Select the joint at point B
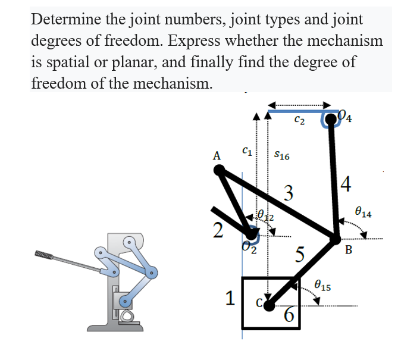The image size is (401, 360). click(x=337, y=238)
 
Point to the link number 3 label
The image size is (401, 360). click(x=289, y=193)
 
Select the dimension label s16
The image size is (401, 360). click(x=281, y=156)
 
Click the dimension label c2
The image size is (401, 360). click(x=300, y=121)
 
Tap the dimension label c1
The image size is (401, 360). click(x=246, y=152)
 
